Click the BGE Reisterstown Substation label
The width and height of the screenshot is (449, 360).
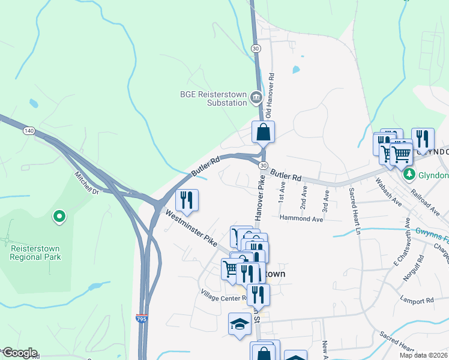point(214,98)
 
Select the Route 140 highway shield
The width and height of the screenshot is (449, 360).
point(28,130)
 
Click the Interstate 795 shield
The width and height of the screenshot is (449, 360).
point(142,318)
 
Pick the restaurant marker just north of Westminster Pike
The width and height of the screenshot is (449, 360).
point(187,200)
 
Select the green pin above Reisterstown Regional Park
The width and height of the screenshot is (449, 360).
point(59,217)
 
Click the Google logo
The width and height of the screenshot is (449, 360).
point(19,353)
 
